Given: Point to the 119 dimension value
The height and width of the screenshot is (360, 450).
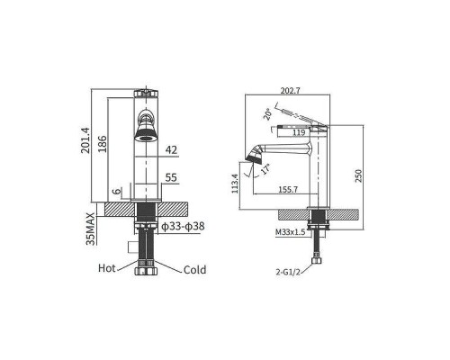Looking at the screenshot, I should click(x=300, y=132).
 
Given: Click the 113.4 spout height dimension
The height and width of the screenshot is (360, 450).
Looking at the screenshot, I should click(x=236, y=184).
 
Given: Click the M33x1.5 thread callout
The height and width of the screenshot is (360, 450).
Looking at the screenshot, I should click(x=290, y=232).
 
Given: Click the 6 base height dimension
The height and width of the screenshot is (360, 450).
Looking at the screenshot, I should click(x=116, y=191).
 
